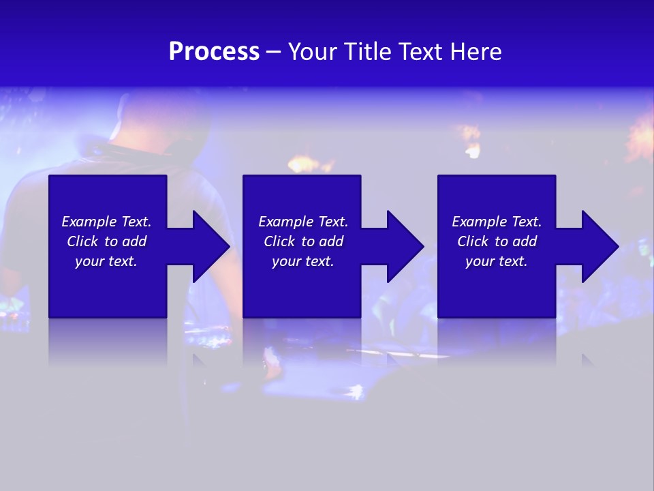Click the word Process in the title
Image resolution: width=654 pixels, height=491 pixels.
coord(214,52)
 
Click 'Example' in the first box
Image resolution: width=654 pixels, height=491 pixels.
coord(89,222)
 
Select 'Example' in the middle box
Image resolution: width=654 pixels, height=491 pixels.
coord(286,222)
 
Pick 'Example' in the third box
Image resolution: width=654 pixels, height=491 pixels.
coord(480,222)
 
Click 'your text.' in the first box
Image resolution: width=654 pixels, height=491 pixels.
coord(106,261)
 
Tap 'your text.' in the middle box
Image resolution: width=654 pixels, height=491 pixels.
coord(303,261)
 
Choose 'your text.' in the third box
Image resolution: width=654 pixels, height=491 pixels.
coord(497,261)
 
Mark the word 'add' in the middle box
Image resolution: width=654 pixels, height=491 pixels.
coord(331,241)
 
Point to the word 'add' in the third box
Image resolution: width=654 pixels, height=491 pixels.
coord(525,241)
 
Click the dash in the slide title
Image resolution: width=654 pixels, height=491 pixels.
coord(274,52)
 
